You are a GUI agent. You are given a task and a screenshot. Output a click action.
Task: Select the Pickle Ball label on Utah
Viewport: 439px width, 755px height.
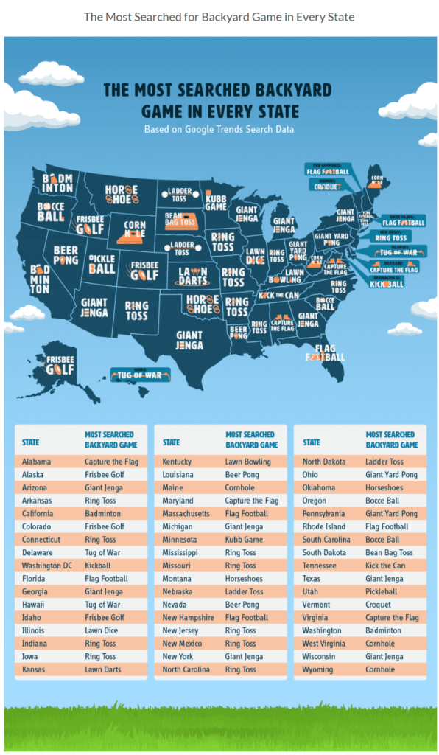102,263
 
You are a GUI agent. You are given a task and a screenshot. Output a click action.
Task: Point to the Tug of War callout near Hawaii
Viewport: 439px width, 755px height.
140,375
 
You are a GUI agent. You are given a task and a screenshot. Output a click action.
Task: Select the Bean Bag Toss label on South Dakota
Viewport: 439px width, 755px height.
181,219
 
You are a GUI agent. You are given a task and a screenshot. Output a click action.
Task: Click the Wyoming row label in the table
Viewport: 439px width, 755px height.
317,669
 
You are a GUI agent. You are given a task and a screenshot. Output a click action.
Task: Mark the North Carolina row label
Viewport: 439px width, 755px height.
187,669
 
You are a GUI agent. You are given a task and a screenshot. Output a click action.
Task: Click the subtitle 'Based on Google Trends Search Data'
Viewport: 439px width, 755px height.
219,130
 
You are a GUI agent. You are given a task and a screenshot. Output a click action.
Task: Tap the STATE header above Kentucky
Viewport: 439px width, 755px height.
171,442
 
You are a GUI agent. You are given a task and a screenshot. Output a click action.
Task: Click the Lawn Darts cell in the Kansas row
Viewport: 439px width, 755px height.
102,669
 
